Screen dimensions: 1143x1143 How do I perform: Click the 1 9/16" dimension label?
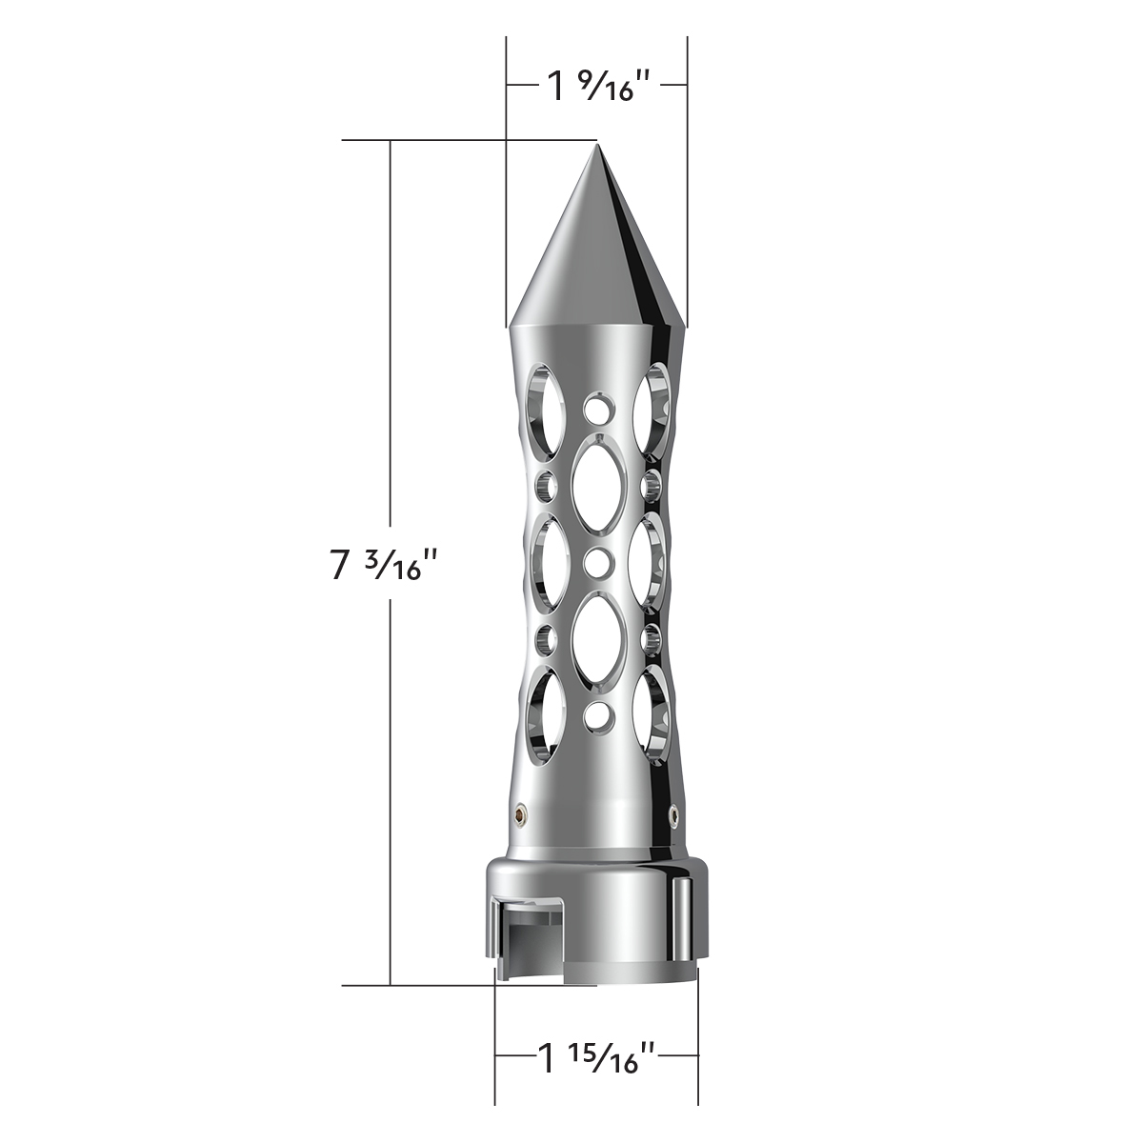point(597,89)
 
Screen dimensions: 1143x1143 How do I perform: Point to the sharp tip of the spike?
point(597,147)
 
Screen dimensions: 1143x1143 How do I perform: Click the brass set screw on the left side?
point(521,812)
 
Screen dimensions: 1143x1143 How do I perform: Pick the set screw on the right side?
point(674,812)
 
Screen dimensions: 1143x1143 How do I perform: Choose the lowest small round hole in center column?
point(597,712)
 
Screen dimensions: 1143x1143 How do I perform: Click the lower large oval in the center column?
point(597,638)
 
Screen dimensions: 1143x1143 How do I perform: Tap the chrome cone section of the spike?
point(597,257)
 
